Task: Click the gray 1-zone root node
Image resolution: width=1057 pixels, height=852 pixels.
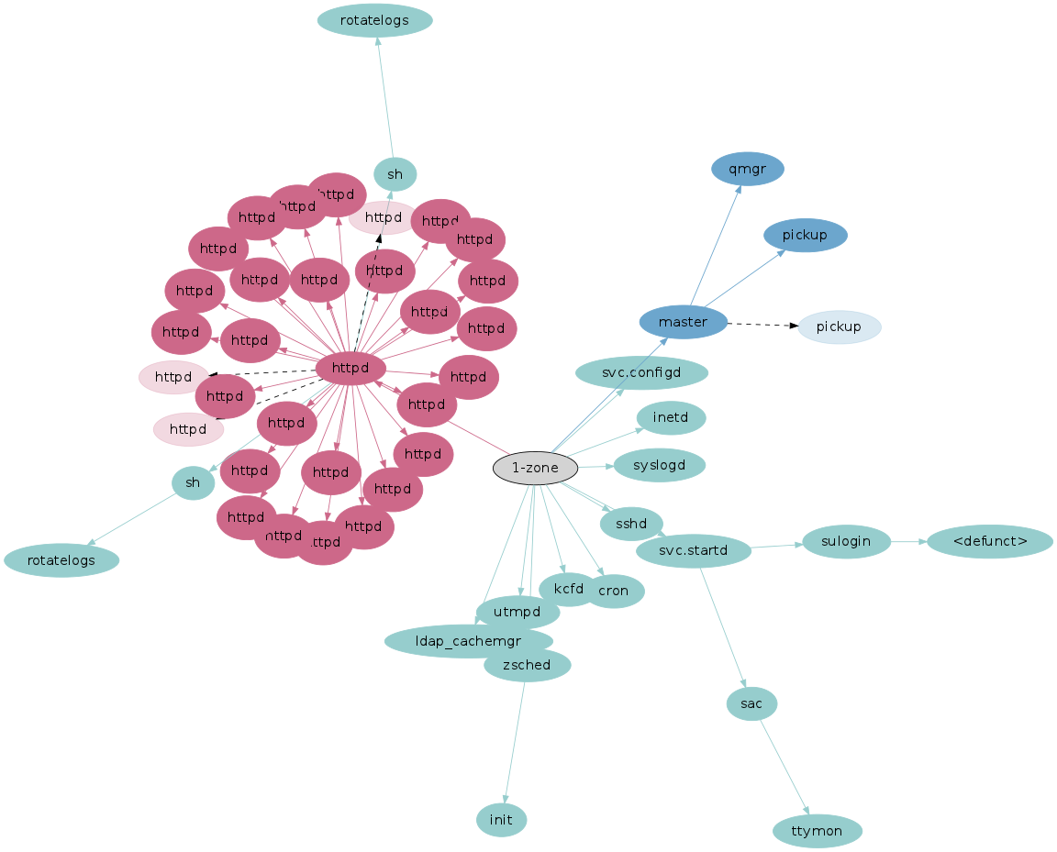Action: pyautogui.click(x=535, y=469)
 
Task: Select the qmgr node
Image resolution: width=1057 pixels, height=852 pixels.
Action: pyautogui.click(x=747, y=169)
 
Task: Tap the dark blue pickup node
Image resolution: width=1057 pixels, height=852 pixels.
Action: pyautogui.click(x=805, y=236)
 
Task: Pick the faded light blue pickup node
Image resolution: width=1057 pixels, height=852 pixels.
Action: pyautogui.click(x=839, y=327)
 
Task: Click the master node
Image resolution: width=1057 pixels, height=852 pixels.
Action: pyautogui.click(x=683, y=322)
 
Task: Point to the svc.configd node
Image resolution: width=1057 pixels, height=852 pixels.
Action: pyautogui.click(x=641, y=373)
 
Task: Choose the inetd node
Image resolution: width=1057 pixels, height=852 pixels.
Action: pyautogui.click(x=671, y=418)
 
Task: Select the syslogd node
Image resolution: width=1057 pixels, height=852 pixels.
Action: pyautogui.click(x=659, y=465)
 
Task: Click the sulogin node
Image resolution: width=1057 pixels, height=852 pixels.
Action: pyautogui.click(x=846, y=541)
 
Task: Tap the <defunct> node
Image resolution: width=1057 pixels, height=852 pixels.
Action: pyautogui.click(x=989, y=541)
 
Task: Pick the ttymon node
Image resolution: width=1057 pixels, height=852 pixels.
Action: pyautogui.click(x=818, y=831)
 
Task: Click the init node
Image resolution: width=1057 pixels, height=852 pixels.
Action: pyautogui.click(x=501, y=819)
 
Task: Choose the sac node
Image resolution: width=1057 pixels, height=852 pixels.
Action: pyautogui.click(x=751, y=703)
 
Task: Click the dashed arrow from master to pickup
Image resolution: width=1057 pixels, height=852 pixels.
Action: pyautogui.click(x=762, y=325)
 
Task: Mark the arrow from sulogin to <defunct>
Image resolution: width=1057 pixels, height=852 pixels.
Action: pyautogui.click(x=908, y=541)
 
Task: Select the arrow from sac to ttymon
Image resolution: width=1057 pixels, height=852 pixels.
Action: pyautogui.click(x=784, y=767)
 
